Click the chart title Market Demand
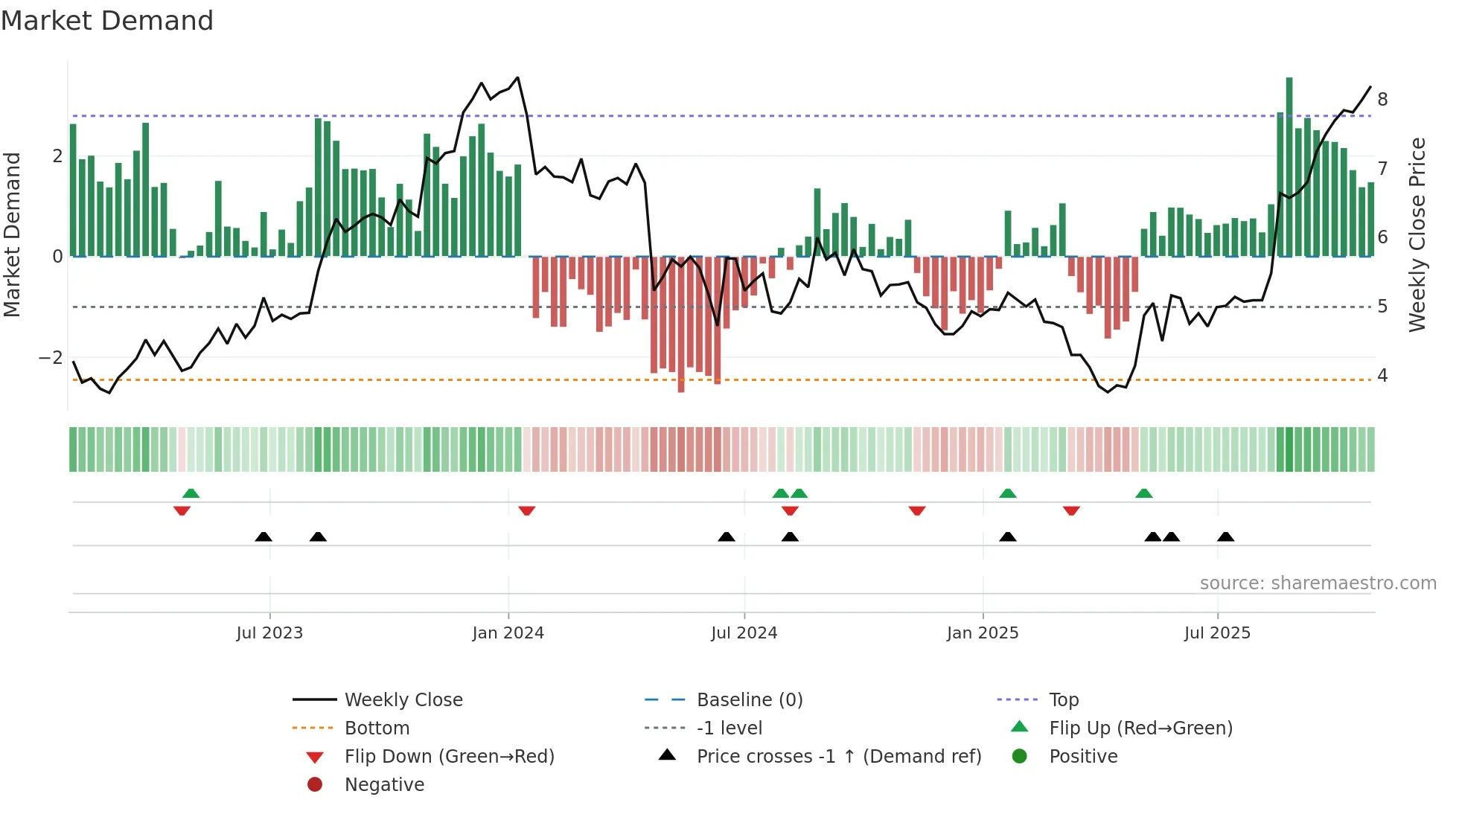click(x=107, y=21)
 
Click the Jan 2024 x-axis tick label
click(x=508, y=633)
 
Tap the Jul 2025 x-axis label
click(x=1217, y=633)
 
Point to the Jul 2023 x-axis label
click(x=269, y=633)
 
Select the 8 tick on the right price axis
click(x=1382, y=100)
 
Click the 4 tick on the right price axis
click(x=1382, y=376)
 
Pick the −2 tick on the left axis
click(x=51, y=358)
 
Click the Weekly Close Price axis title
click(x=1417, y=234)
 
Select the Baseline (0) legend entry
click(x=749, y=700)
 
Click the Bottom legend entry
click(x=377, y=728)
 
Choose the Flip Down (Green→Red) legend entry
click(x=449, y=757)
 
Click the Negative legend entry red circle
click(x=315, y=785)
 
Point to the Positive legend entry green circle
click(x=1020, y=757)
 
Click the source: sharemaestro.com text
click(x=1318, y=583)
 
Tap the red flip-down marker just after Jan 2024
click(x=527, y=510)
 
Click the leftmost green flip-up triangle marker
click(x=191, y=493)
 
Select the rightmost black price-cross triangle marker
click(x=1225, y=536)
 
